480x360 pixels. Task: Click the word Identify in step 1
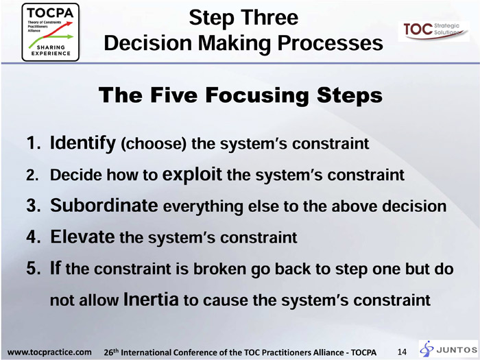click(83, 143)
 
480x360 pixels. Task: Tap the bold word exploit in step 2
click(192, 174)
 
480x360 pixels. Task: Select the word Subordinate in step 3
click(104, 205)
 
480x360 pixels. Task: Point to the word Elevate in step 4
click(82, 237)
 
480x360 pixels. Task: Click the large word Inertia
click(151, 299)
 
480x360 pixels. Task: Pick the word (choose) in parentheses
click(154, 144)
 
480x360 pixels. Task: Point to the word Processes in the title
click(330, 43)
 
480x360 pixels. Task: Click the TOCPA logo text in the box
click(50, 13)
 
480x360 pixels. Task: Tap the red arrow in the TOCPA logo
click(58, 29)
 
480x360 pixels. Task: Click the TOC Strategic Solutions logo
click(433, 31)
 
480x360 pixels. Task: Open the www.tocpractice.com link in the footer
click(49, 352)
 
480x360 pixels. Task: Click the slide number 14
click(402, 352)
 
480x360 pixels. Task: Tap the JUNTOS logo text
click(457, 350)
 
